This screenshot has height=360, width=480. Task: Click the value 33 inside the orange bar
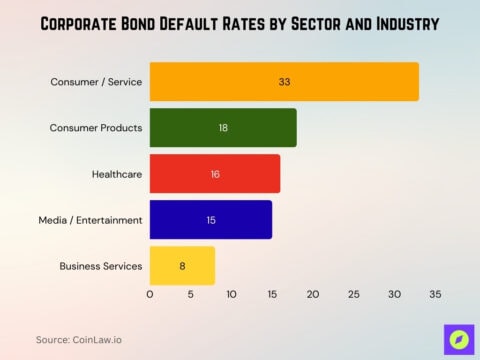285,81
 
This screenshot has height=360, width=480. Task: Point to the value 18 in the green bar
224,128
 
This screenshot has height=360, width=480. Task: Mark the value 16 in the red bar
215,174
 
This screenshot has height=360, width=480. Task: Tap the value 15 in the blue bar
211,219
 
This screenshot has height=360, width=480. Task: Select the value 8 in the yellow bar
182,265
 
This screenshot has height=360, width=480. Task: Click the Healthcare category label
116,174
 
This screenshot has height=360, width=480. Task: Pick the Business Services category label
100,265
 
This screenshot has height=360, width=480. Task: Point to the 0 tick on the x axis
150,295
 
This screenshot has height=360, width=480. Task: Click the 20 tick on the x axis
313,295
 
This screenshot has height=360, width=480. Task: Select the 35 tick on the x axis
435,295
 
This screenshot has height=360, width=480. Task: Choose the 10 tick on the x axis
231,295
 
